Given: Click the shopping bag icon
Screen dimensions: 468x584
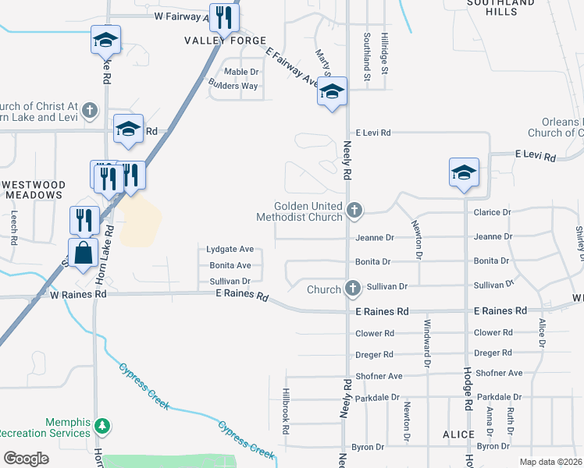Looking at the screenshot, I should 83,252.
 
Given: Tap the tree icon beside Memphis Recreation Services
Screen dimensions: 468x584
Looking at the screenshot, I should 101,426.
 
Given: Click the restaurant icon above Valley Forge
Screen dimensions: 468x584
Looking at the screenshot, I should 224,17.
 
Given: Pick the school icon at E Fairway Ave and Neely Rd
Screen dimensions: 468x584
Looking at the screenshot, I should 332,93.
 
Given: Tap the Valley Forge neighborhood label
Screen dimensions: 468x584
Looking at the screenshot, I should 226,41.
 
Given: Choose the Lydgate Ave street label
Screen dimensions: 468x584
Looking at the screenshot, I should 230,249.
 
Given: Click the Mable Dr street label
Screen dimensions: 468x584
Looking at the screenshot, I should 241,72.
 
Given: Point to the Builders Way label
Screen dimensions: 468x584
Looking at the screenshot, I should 233,86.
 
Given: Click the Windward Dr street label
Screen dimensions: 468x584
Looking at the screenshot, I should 427,343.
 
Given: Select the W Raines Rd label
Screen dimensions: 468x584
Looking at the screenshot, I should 78,296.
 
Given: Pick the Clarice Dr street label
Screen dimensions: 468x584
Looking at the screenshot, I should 492,212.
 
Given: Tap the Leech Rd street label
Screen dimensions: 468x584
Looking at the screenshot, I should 14,228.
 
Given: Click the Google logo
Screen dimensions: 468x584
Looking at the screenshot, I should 26,458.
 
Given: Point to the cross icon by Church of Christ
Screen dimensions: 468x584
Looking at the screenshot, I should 90,110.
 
